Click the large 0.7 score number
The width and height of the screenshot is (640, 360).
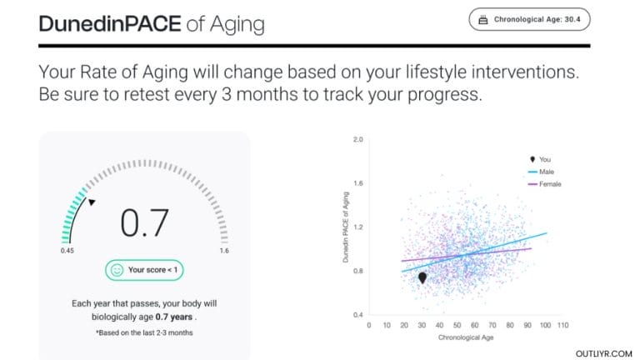click(x=145, y=222)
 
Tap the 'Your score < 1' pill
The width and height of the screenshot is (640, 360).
click(x=145, y=270)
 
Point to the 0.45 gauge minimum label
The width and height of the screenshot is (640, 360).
click(x=67, y=250)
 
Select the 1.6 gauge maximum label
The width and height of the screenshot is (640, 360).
click(x=222, y=250)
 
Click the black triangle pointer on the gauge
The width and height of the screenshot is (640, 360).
click(x=92, y=202)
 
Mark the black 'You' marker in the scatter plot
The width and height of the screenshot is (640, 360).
click(x=422, y=277)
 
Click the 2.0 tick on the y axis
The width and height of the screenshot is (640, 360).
click(x=359, y=139)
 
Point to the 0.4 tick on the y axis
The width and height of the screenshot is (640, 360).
click(x=359, y=315)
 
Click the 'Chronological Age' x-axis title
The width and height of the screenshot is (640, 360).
click(x=459, y=337)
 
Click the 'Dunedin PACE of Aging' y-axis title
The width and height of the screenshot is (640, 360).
click(x=345, y=227)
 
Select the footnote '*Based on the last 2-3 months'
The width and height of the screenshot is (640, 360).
click(x=145, y=332)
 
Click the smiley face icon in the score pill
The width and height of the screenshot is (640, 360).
click(x=117, y=270)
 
